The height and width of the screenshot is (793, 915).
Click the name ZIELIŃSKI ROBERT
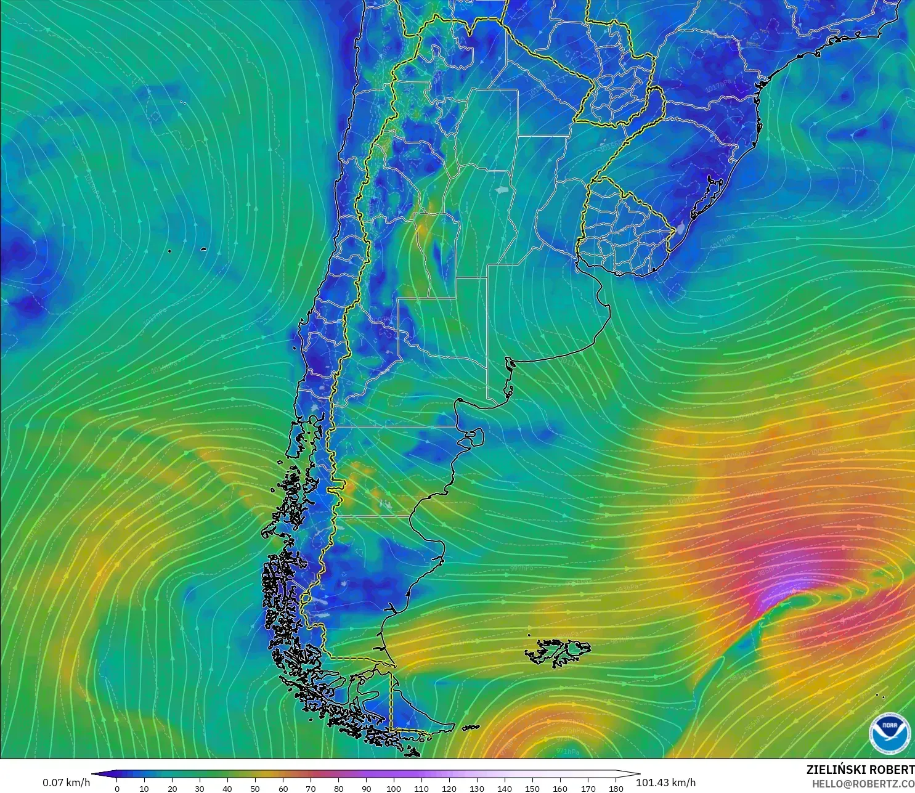860,770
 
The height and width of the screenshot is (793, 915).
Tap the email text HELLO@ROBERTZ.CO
863,784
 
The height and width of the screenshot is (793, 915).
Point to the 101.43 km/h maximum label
665,783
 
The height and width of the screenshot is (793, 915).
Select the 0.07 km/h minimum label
66,783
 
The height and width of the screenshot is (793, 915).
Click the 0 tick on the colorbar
117,789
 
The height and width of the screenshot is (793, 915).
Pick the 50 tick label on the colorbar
255,789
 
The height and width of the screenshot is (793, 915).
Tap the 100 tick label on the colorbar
394,789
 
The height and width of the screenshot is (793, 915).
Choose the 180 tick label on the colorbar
616,789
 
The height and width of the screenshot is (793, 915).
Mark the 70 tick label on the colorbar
311,789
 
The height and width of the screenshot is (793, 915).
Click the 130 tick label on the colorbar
477,789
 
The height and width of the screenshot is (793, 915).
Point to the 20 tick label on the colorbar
172,789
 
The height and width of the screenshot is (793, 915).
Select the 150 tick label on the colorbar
532,789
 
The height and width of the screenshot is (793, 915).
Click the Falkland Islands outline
558,652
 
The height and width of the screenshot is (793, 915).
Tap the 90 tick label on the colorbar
366,789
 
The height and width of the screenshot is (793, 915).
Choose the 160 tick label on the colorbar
560,789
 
